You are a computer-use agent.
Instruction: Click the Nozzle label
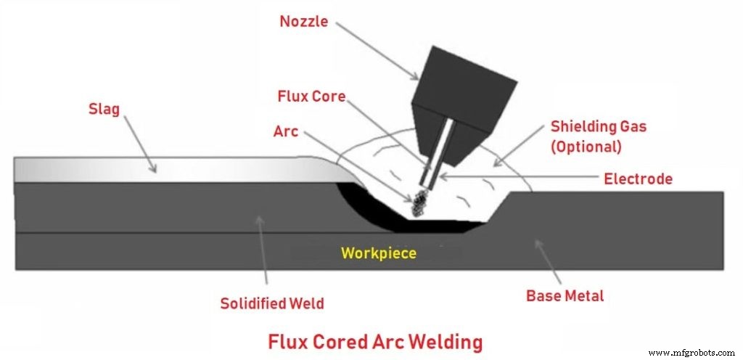303,22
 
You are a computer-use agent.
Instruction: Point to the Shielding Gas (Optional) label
598,135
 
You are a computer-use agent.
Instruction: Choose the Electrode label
638,178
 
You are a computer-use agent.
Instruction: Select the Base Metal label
565,295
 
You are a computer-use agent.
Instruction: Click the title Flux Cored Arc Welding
375,340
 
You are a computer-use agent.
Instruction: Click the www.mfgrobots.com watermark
692,353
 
